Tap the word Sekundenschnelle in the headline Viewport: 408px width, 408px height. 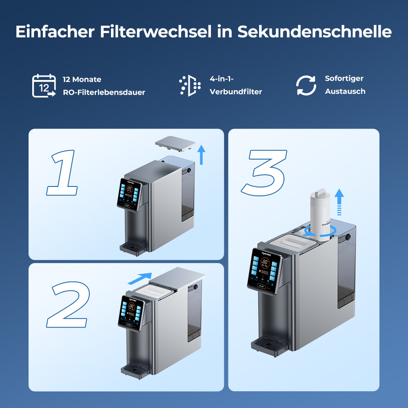point(314,32)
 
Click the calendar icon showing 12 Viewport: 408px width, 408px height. point(44,86)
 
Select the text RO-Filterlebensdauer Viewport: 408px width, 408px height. point(104,93)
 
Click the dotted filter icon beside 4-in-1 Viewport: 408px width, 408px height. point(190,86)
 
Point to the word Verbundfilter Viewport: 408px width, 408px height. point(236,92)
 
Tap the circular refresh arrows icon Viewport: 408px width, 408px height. point(306,85)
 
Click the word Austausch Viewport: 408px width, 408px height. point(345,91)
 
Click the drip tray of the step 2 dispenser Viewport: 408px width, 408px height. point(134,370)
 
